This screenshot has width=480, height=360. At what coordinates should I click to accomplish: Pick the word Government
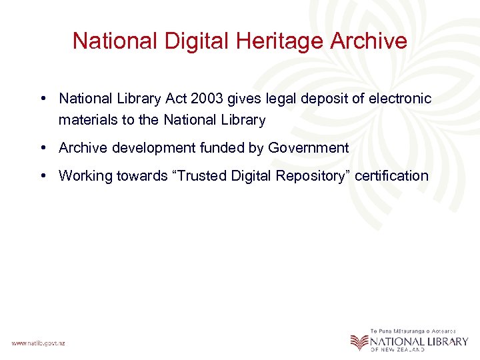pos(308,148)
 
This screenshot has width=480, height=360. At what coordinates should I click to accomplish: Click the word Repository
pos(311,176)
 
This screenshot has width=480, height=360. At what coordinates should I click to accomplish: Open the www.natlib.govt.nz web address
pos(38,343)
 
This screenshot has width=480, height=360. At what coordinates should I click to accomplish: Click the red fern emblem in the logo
pos(359,341)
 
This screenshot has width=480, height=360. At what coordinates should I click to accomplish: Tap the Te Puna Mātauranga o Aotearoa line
pos(413,331)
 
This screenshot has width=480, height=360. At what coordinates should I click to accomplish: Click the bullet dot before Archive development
pos(43,148)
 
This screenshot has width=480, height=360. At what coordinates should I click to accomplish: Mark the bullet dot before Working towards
pos(43,176)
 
